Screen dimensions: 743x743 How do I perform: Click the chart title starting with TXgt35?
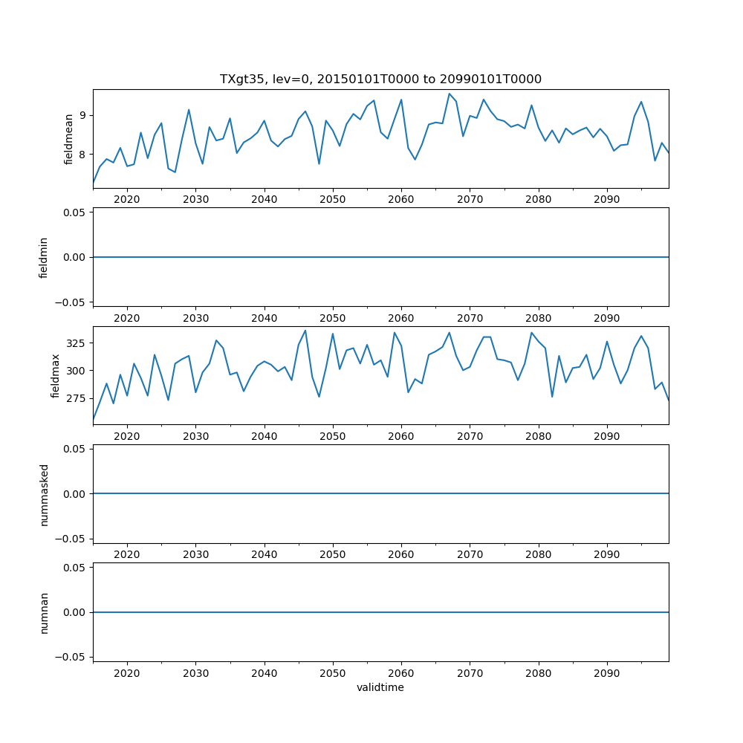point(380,79)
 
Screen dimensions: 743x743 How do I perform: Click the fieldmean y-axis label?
point(69,138)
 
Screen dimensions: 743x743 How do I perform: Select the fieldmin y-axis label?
point(44,257)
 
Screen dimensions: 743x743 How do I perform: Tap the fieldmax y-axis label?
point(56,375)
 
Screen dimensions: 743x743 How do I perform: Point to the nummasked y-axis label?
point(44,493)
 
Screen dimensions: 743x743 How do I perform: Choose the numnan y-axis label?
point(44,612)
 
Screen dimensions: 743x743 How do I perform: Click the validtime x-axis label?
point(380,687)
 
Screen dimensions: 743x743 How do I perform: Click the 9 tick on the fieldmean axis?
point(82,115)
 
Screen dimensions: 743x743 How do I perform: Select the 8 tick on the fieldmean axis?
point(82,155)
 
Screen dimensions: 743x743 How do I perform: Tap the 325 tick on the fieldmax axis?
point(77,343)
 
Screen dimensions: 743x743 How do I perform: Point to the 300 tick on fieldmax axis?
point(77,371)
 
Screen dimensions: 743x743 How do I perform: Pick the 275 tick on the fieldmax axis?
point(77,398)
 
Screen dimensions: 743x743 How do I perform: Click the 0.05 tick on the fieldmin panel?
point(74,212)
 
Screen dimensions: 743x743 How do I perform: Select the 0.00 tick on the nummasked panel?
point(74,493)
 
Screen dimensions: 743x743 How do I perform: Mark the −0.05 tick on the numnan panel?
point(72,657)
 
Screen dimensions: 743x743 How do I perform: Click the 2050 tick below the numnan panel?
point(333,672)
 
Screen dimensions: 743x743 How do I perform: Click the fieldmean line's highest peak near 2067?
point(449,94)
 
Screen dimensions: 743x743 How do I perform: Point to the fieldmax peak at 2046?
point(305,331)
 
